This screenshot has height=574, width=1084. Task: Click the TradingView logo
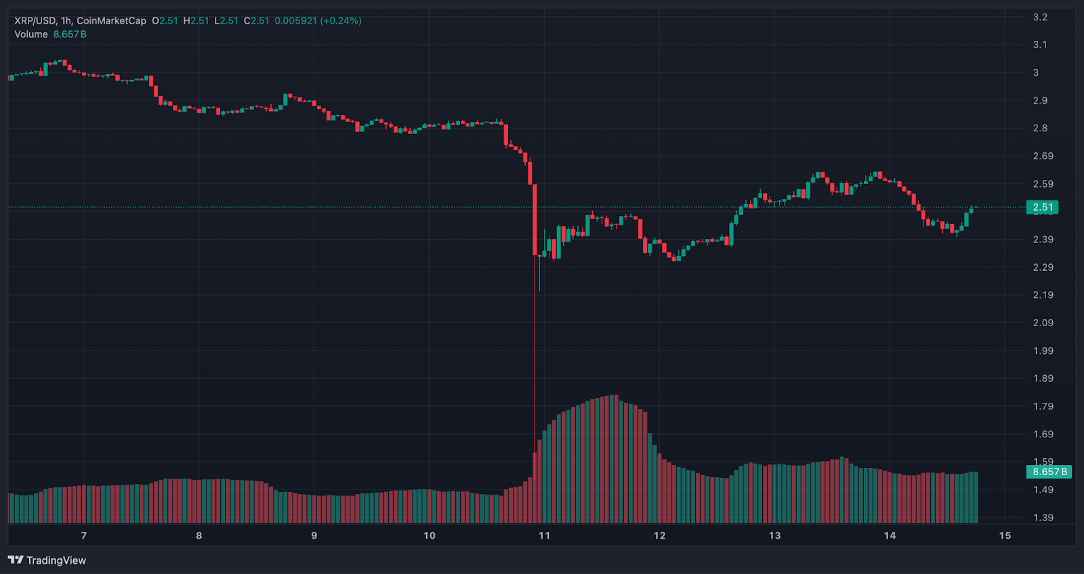[47, 560]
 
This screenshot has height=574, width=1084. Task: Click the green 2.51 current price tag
[1043, 207]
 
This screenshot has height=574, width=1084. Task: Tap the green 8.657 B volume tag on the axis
[1049, 472]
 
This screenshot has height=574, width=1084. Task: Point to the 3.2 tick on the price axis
[1040, 17]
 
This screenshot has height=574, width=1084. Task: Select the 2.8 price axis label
[1040, 128]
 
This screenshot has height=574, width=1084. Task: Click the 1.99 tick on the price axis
[1043, 351]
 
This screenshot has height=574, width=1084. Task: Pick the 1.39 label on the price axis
[1043, 517]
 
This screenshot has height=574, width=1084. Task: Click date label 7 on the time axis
[84, 535]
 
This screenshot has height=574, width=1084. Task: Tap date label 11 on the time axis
[544, 535]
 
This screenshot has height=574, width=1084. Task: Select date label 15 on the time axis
[1005, 535]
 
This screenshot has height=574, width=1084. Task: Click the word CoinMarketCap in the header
[111, 21]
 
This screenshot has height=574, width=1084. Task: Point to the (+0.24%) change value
[341, 21]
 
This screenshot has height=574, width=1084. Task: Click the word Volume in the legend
[31, 35]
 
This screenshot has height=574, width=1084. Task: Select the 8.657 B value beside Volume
[70, 35]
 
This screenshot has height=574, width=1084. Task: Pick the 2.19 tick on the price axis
[1043, 295]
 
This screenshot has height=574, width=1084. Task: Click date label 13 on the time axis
[774, 535]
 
